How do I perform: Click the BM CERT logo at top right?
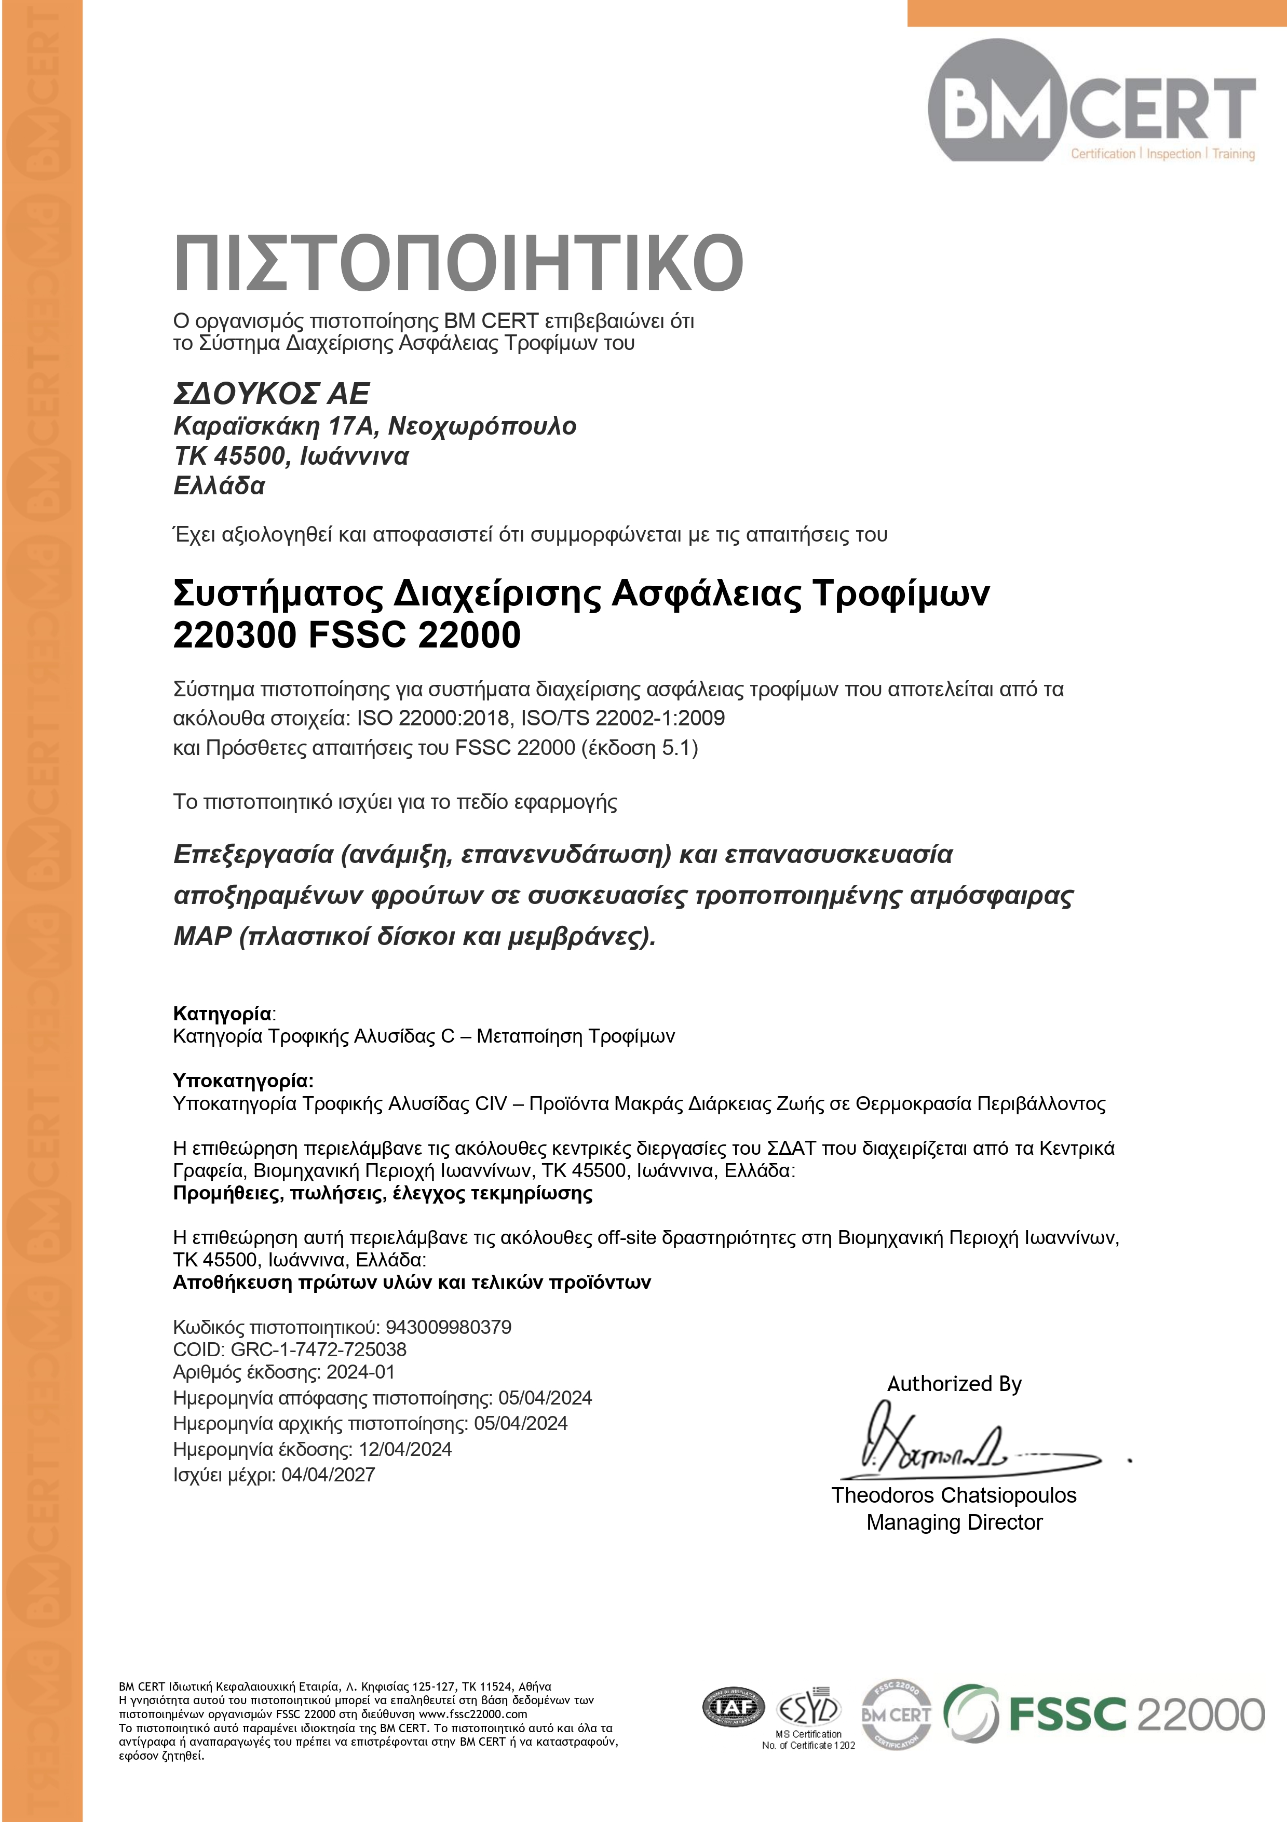[x=1091, y=103]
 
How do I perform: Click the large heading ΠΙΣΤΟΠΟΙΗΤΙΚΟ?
[x=458, y=263]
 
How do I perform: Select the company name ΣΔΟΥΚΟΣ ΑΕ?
[x=272, y=394]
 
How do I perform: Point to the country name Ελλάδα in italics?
[x=219, y=485]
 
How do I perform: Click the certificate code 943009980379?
[x=449, y=1327]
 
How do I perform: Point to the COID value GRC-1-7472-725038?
[x=318, y=1349]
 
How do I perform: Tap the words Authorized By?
[x=954, y=1384]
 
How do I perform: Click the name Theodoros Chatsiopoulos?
[x=954, y=1495]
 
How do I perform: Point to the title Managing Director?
[x=954, y=1522]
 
